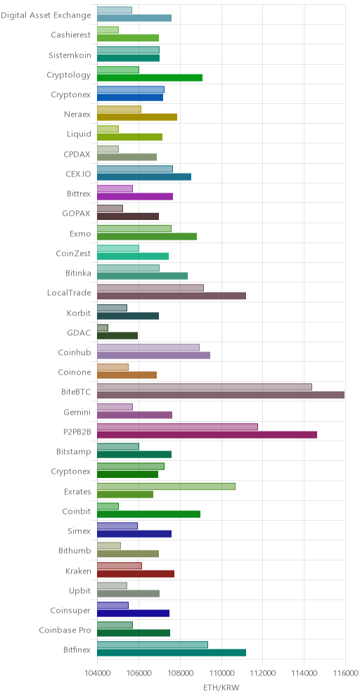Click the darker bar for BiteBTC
tap(221, 395)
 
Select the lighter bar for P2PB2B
tap(177, 427)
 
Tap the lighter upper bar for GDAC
tap(102, 328)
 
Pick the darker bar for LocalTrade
tap(172, 296)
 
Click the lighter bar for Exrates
tap(166, 486)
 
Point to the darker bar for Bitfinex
tap(172, 653)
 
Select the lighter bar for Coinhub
tap(148, 347)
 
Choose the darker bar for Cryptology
tap(150, 78)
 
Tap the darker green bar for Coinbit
tap(149, 514)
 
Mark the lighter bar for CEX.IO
tap(135, 169)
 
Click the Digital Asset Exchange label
tap(46, 15)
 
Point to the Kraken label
tap(78, 571)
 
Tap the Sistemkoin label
tap(70, 55)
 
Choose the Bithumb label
tap(75, 551)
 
